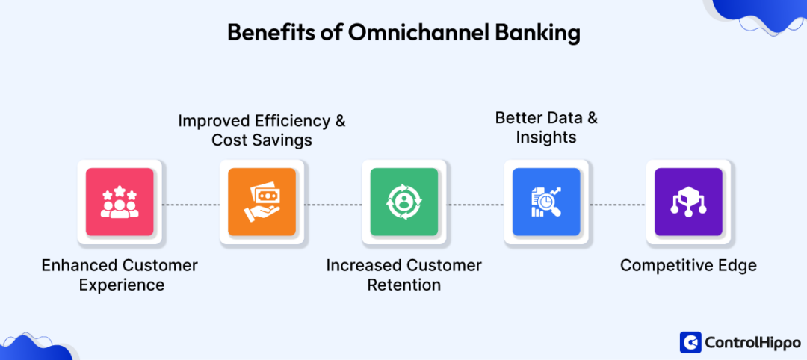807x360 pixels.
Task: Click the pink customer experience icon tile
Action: pyautogui.click(x=120, y=202)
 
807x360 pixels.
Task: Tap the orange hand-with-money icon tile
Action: pyautogui.click(x=262, y=202)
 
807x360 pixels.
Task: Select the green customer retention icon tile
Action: pyautogui.click(x=403, y=202)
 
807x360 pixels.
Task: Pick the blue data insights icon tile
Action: pyautogui.click(x=546, y=202)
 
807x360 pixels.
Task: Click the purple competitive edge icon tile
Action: pyautogui.click(x=688, y=202)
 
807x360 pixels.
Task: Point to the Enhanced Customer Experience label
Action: pyautogui.click(x=120, y=275)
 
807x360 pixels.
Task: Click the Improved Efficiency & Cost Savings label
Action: pyautogui.click(x=262, y=130)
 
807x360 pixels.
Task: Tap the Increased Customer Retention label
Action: pyautogui.click(x=403, y=275)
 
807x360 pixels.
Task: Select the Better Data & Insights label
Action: pyautogui.click(x=546, y=128)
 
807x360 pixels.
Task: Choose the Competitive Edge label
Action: pyautogui.click(x=688, y=265)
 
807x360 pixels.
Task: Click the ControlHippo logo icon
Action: pyautogui.click(x=690, y=341)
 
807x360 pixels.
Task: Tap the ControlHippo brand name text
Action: pyautogui.click(x=748, y=342)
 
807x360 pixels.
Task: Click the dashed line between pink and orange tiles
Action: pyautogui.click(x=191, y=204)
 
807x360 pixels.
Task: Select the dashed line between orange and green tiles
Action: pyautogui.click(x=333, y=204)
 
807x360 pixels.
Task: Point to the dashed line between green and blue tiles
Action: pyautogui.click(x=475, y=204)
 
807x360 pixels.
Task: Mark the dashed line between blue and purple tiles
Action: pyautogui.click(x=617, y=204)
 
